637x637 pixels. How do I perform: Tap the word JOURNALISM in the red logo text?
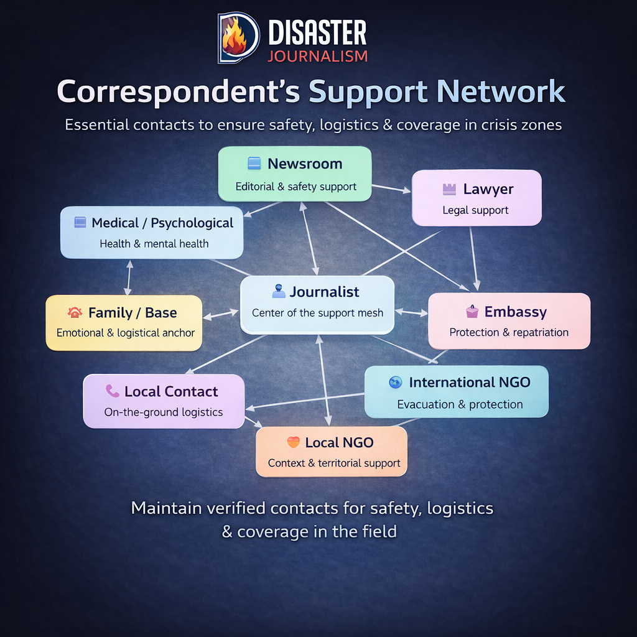pyautogui.click(x=317, y=56)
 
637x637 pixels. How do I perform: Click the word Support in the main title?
pyautogui.click(x=368, y=91)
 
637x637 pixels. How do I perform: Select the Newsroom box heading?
pyautogui.click(x=305, y=164)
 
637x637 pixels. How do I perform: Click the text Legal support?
pyautogui.click(x=475, y=210)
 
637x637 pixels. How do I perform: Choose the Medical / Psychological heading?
pyautogui.click(x=162, y=223)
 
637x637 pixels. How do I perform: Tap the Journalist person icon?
pyautogui.click(x=279, y=291)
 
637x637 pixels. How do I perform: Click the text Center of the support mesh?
pyautogui.click(x=318, y=313)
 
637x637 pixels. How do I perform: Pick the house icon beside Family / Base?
pyautogui.click(x=75, y=313)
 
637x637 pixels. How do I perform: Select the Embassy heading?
pyautogui.click(x=516, y=312)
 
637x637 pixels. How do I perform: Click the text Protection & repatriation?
pyautogui.click(x=509, y=332)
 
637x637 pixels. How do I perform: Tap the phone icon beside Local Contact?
pyautogui.click(x=112, y=391)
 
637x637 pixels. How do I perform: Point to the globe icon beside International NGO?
pyautogui.click(x=395, y=383)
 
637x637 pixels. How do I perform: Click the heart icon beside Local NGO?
pyautogui.click(x=293, y=442)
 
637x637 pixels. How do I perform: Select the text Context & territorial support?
pyautogui.click(x=334, y=463)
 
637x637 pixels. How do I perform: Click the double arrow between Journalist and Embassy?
pyautogui.click(x=411, y=312)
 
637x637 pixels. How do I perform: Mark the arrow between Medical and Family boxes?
pyautogui.click(x=129, y=277)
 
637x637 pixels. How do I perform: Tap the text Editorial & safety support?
pyautogui.click(x=295, y=186)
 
